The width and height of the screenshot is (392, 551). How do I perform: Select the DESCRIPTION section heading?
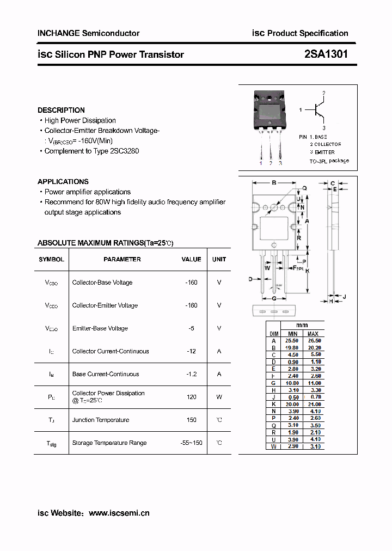pos(61,110)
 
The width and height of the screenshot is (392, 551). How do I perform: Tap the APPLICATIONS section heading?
pos(63,181)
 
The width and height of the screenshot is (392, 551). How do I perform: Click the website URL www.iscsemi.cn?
pos(119,513)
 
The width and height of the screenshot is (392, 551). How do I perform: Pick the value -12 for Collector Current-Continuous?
pos(191,351)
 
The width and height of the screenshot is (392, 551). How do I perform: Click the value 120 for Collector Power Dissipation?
pos(191,397)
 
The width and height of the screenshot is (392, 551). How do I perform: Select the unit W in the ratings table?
pos(219,397)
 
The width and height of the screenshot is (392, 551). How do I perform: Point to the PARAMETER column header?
pos(122,260)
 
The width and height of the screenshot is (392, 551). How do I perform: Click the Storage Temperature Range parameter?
pos(109,443)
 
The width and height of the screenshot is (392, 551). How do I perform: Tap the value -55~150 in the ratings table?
pos(191,443)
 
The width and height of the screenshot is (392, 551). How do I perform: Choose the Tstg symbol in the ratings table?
pos(51,443)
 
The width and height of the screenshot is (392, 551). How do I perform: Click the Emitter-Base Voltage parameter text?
pos(100,328)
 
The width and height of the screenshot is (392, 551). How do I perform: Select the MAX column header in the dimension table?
pos(313,334)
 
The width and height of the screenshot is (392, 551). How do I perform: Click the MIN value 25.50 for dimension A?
pos(292,341)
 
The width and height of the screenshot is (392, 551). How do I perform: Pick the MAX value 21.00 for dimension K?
pos(314,405)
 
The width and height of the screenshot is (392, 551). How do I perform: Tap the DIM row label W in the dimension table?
pos(274,446)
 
